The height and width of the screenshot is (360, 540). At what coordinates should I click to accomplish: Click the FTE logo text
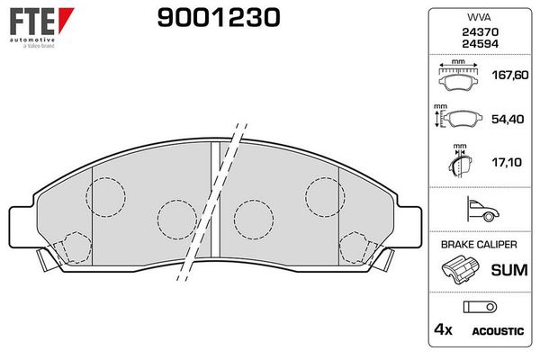(x=31, y=20)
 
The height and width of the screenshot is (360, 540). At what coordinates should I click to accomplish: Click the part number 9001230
(x=207, y=17)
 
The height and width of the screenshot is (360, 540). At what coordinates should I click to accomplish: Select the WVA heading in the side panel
(x=479, y=17)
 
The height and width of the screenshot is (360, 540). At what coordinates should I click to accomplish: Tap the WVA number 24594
(x=479, y=43)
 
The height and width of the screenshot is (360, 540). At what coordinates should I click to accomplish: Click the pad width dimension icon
(x=459, y=76)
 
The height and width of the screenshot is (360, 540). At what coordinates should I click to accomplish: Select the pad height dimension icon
(x=459, y=119)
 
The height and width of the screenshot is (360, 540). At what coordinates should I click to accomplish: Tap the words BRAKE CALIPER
(x=479, y=245)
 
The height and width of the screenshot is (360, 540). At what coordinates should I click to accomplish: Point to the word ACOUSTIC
(x=498, y=331)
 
